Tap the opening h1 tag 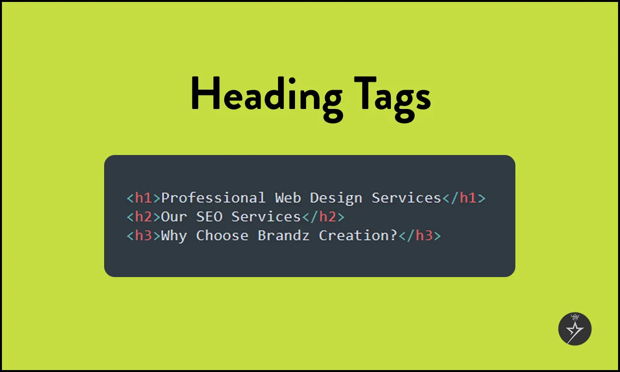pos(143,198)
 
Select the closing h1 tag pos(464,198)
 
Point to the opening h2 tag pos(143,217)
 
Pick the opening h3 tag pos(143,236)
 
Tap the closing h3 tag pos(419,236)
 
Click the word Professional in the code pos(213,198)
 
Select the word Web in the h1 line pos(288,198)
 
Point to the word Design pos(336,198)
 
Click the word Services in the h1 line pos(406,198)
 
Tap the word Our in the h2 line pos(174,217)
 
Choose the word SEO pos(209,217)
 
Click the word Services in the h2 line pos(266,217)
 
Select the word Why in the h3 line pos(174,236)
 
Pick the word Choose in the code pos(222,236)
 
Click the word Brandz pos(283,236)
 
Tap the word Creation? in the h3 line pos(358,236)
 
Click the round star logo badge pos(575,329)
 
